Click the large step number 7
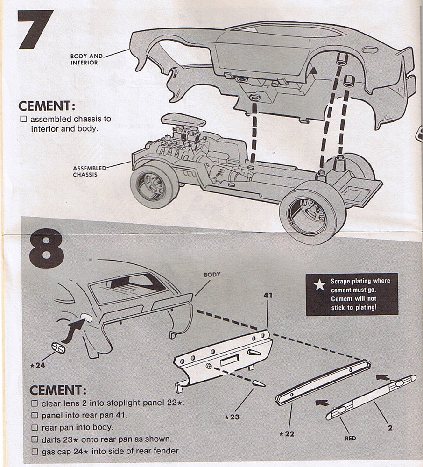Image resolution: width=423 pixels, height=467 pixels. [35, 29]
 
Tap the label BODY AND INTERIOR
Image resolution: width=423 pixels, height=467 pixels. [84, 59]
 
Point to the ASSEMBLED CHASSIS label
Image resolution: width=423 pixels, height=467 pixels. [89, 171]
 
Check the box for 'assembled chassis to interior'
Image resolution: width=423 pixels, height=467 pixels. [24, 120]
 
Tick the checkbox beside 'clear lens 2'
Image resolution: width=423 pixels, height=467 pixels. [34, 403]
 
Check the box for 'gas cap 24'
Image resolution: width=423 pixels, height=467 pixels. [34, 451]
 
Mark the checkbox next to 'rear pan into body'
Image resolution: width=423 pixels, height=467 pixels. [34, 427]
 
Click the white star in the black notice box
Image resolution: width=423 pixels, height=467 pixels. [320, 285]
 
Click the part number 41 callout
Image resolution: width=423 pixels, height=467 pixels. [268, 296]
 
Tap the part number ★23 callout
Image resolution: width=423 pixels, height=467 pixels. [232, 417]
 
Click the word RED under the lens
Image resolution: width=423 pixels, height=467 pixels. [350, 438]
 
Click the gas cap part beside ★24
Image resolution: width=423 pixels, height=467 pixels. [58, 348]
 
